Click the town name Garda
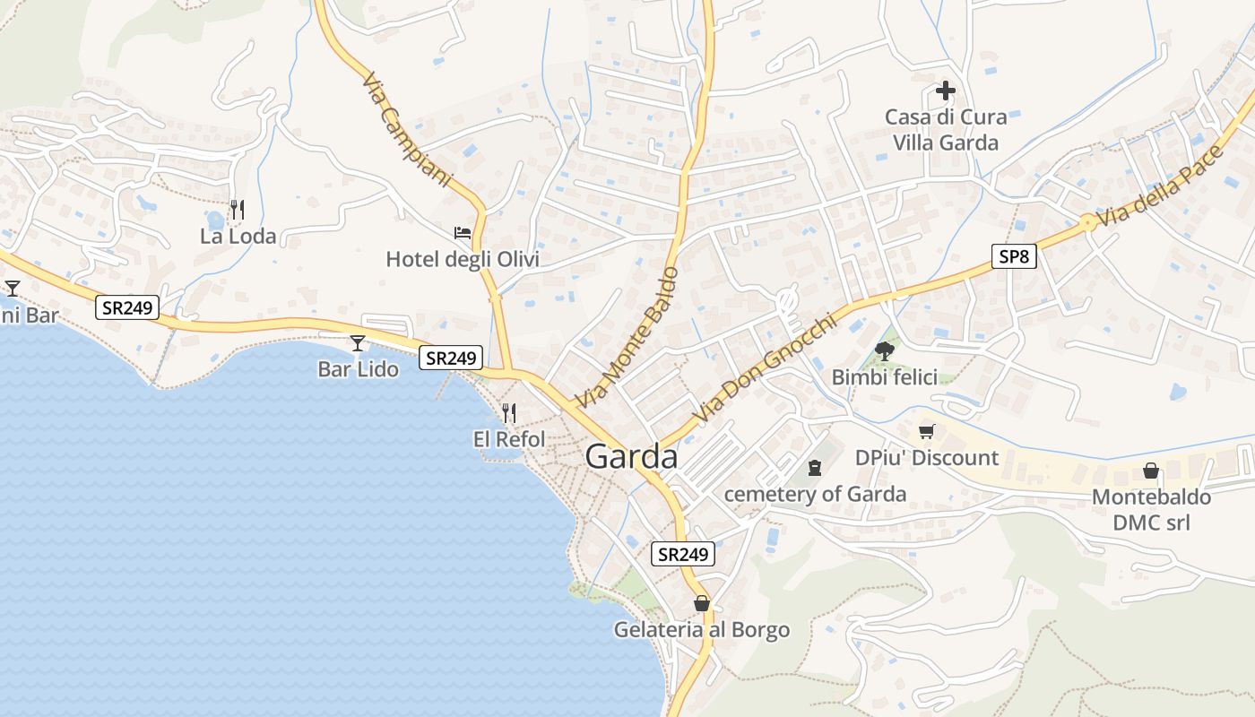point(631,457)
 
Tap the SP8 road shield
point(1015,257)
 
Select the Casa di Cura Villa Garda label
point(945,130)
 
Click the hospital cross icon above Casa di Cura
point(945,91)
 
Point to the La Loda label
point(238,238)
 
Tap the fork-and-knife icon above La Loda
point(238,210)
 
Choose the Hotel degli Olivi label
point(463,260)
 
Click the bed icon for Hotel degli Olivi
point(463,233)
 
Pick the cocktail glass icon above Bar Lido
point(358,342)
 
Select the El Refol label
point(509,439)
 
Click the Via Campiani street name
point(408,130)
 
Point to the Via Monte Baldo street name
point(627,336)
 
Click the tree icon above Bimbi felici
point(885,350)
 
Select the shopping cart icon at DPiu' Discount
point(927,432)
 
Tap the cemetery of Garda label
point(815,495)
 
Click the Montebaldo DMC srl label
point(1151,509)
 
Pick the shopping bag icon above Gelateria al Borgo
point(702,603)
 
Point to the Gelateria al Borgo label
point(702,630)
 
